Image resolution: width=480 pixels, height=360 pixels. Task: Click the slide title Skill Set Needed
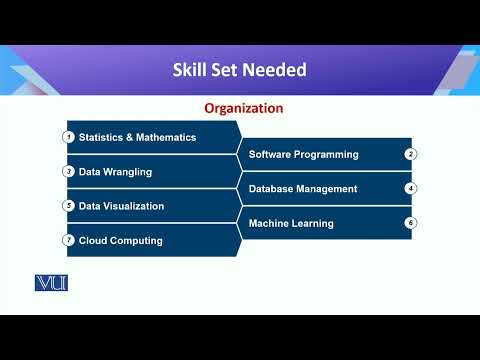(240, 70)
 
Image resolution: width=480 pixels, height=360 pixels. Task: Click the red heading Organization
(244, 108)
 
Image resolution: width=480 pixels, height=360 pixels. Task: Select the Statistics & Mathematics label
(137, 137)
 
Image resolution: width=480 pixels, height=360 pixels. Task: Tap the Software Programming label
(303, 154)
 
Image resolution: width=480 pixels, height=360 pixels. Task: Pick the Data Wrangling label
(115, 172)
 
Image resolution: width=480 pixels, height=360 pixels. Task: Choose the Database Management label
(303, 188)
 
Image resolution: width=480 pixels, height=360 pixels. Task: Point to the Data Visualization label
(121, 206)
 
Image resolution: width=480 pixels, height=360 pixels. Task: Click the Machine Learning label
(291, 223)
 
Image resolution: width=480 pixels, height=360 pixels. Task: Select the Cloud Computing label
(120, 240)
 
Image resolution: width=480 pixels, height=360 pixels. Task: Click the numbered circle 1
(69, 137)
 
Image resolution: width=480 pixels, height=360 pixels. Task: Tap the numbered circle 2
(410, 154)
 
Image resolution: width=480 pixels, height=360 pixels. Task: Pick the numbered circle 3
(69, 171)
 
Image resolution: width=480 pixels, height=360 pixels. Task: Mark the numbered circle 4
(410, 188)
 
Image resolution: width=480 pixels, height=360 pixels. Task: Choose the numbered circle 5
(69, 206)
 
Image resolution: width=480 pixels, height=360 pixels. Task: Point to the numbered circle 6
(410, 222)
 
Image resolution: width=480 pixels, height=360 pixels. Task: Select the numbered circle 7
(69, 240)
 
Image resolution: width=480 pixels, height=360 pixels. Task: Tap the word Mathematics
(165, 137)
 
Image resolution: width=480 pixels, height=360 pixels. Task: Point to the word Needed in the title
(279, 70)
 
